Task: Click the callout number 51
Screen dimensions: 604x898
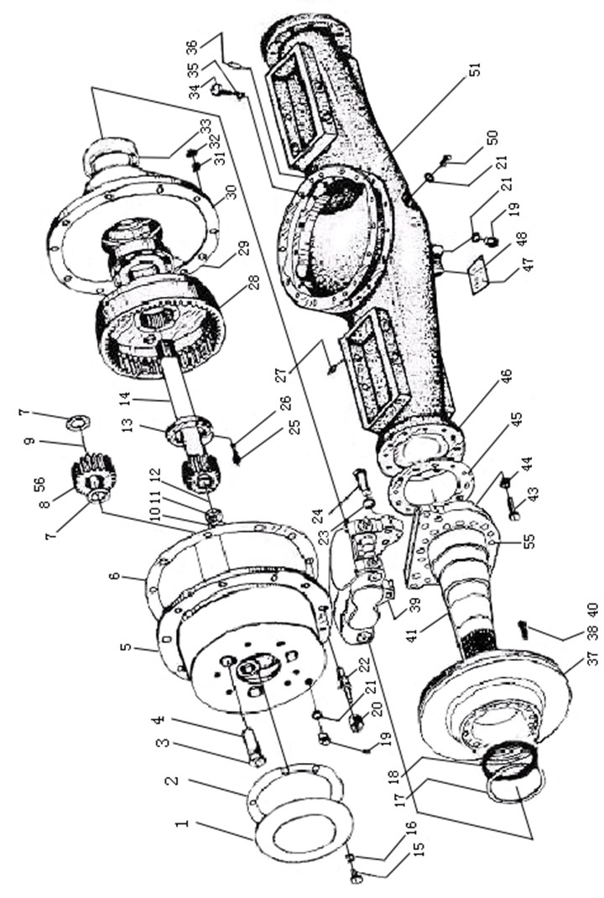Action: click(x=475, y=69)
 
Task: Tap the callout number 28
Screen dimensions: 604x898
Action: click(x=253, y=283)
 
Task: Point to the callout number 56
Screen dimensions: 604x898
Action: click(x=39, y=485)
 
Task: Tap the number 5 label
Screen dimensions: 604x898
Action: click(x=127, y=647)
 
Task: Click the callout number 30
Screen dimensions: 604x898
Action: click(x=231, y=192)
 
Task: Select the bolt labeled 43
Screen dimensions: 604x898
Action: click(x=512, y=509)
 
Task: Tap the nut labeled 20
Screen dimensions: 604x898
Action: click(x=357, y=724)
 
